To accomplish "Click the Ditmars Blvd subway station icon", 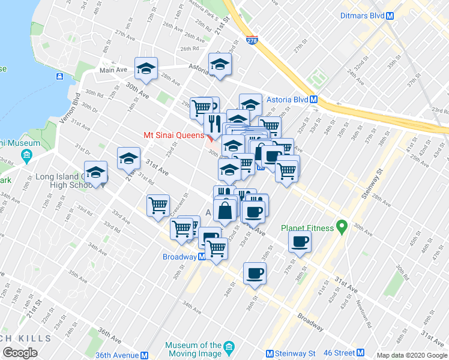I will coord(390,16).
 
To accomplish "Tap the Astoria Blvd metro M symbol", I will coord(313,100).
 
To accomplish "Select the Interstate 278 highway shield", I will coord(252,40).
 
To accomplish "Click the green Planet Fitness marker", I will coord(342,227).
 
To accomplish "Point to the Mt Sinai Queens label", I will coord(173,135).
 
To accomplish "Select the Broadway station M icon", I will coord(202,257).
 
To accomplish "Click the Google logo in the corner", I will coord(21,353).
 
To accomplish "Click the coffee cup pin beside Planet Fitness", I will coord(300,242).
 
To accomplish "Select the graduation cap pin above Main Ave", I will coord(146,69).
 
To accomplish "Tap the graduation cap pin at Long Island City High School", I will coord(95,173).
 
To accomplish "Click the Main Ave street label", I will coord(113,70).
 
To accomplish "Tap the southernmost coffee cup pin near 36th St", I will coord(255,274).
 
